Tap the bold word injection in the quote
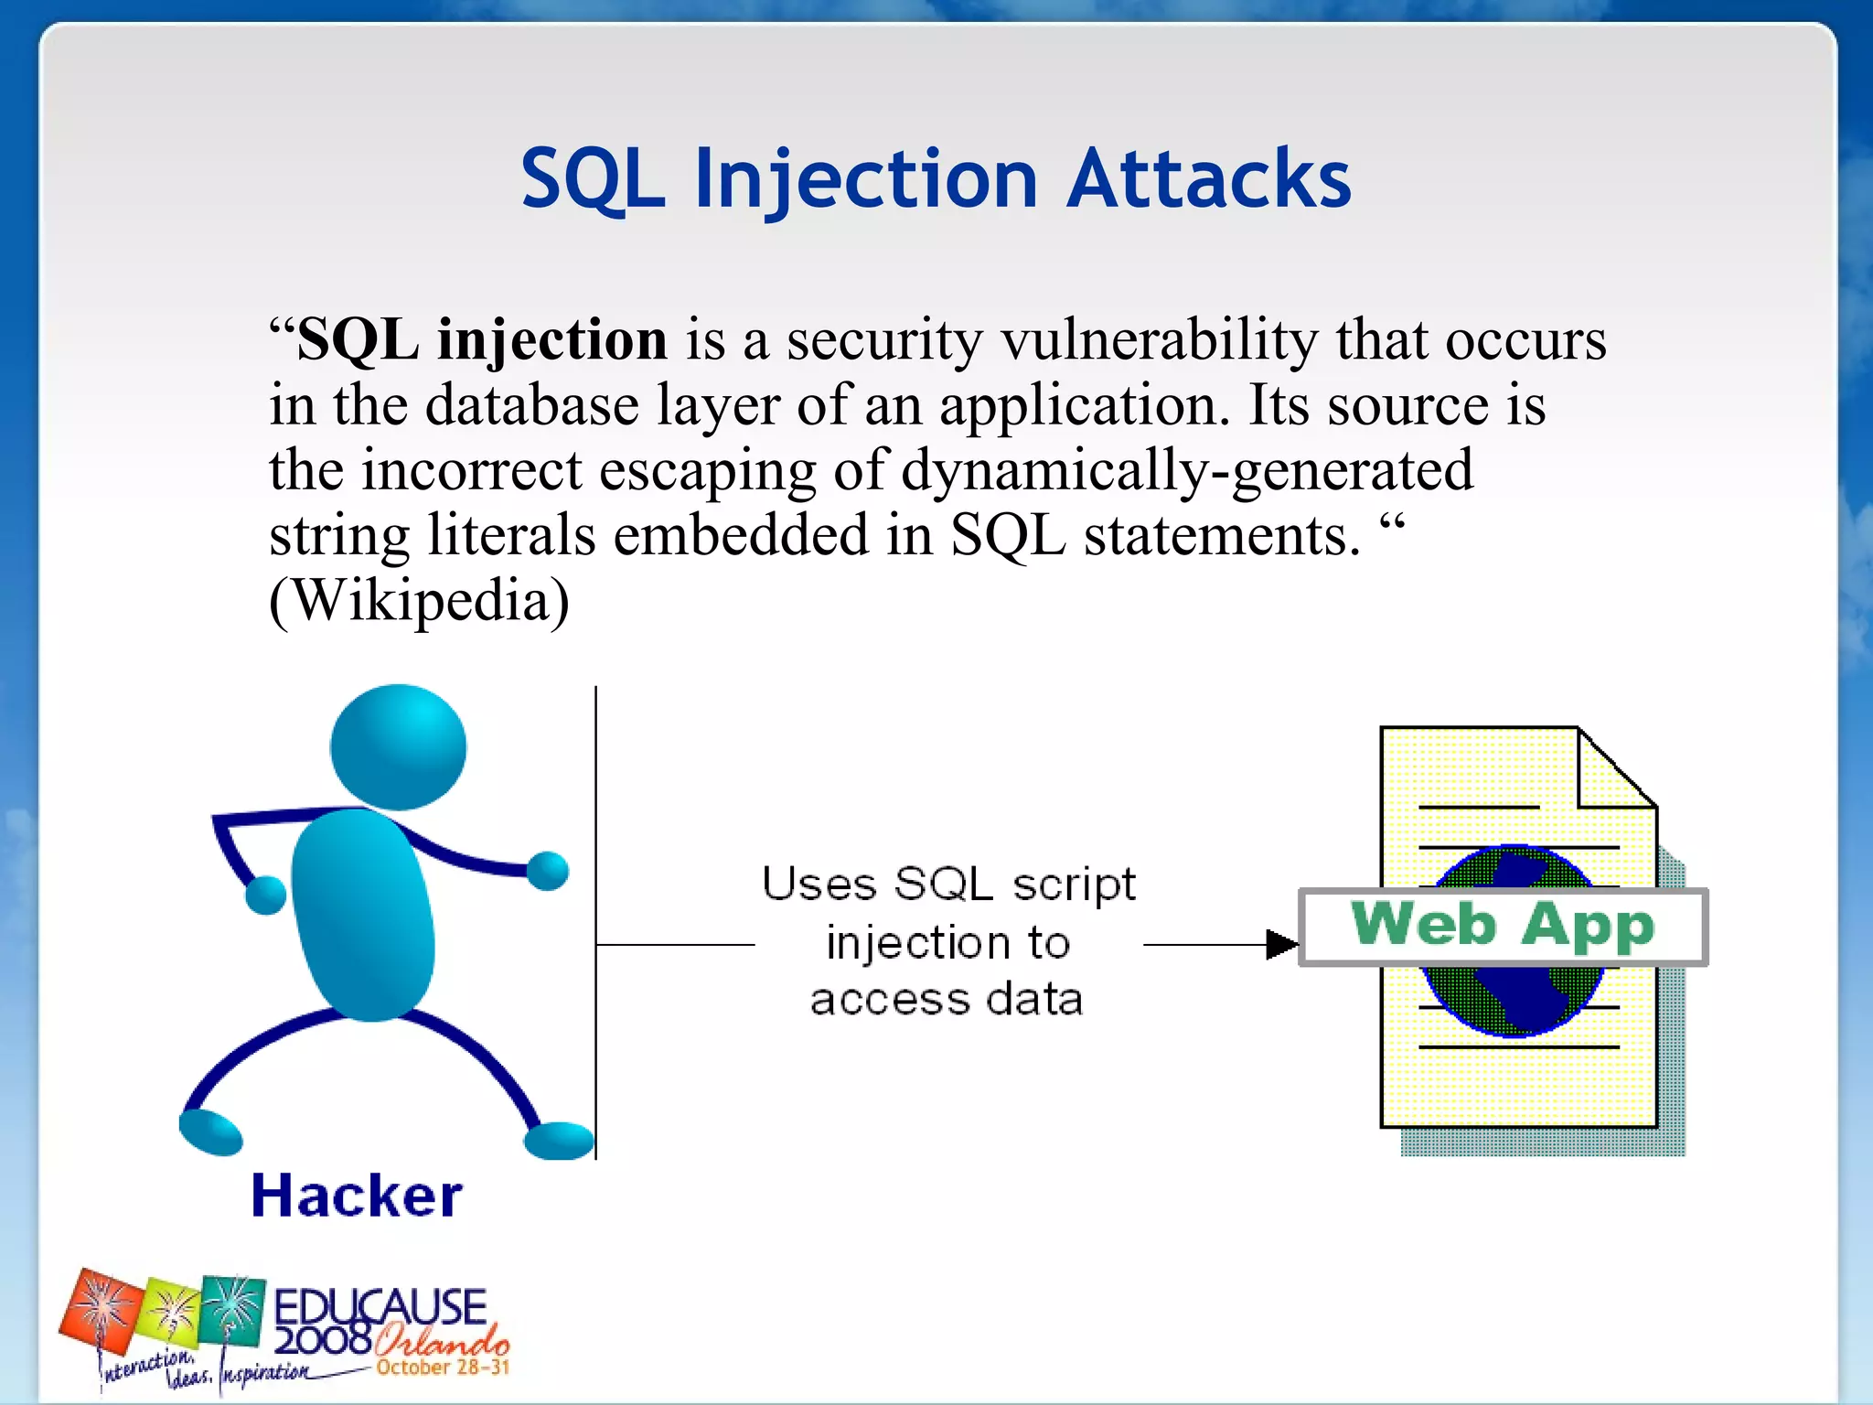click(551, 340)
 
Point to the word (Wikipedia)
click(419, 601)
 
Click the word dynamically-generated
click(1186, 471)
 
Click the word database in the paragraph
click(531, 405)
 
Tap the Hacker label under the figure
click(357, 1196)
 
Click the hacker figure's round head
click(398, 747)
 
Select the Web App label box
click(1503, 927)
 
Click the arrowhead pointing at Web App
click(1281, 944)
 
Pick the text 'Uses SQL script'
click(948, 885)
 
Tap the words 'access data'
click(947, 999)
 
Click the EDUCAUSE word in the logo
click(380, 1306)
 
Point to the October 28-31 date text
click(443, 1367)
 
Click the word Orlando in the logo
click(442, 1341)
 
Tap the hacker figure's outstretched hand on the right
click(548, 870)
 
